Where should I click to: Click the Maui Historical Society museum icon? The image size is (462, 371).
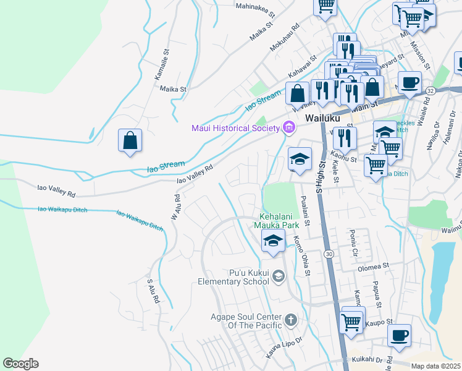tap(288, 128)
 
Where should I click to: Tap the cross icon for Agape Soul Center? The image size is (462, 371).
tap(291, 320)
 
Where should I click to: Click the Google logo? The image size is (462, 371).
tap(20, 364)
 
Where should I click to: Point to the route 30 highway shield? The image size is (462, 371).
tap(329, 254)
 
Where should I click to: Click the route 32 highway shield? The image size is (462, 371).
tap(430, 90)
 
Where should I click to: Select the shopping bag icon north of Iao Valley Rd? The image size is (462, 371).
tap(130, 141)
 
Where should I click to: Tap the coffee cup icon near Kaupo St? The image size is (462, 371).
tap(400, 336)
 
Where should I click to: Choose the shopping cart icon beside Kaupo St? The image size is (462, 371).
tap(351, 321)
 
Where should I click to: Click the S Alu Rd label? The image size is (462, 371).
tap(153, 290)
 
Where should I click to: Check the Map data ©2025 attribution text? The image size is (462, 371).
tap(435, 366)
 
